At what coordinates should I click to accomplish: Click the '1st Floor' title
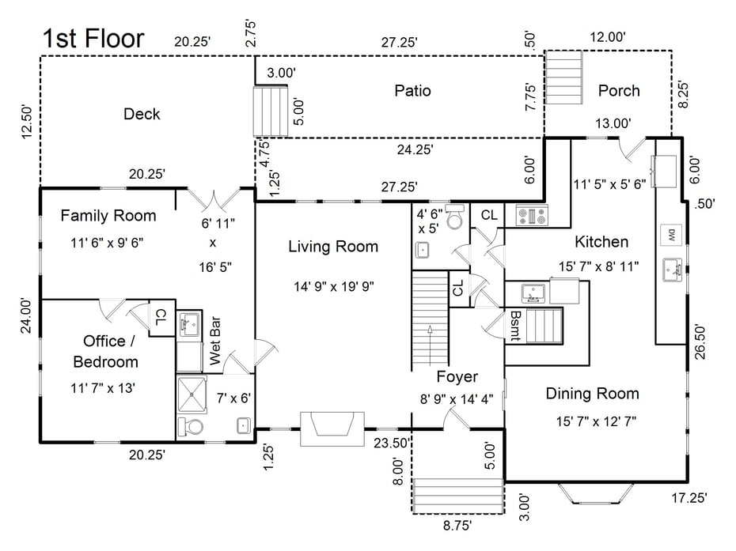93,38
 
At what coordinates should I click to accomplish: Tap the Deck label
142,114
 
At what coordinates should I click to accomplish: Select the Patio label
412,90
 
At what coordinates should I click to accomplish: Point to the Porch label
619,90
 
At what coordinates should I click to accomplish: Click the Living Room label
333,246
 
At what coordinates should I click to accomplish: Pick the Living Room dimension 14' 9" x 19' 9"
334,286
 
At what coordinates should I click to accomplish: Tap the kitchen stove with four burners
532,216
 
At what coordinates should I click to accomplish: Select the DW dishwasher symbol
671,236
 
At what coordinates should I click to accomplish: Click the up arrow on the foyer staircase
430,345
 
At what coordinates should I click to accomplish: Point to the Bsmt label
515,326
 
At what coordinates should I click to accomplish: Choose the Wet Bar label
215,341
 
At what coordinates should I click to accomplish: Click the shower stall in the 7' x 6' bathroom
192,394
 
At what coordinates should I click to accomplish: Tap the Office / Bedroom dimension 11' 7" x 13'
103,388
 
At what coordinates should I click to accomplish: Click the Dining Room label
593,393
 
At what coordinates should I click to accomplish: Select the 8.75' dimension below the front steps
457,525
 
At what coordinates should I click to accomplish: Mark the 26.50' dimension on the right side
700,342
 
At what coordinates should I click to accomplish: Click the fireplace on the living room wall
332,429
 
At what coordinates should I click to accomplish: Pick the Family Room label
108,215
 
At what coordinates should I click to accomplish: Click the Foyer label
457,376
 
